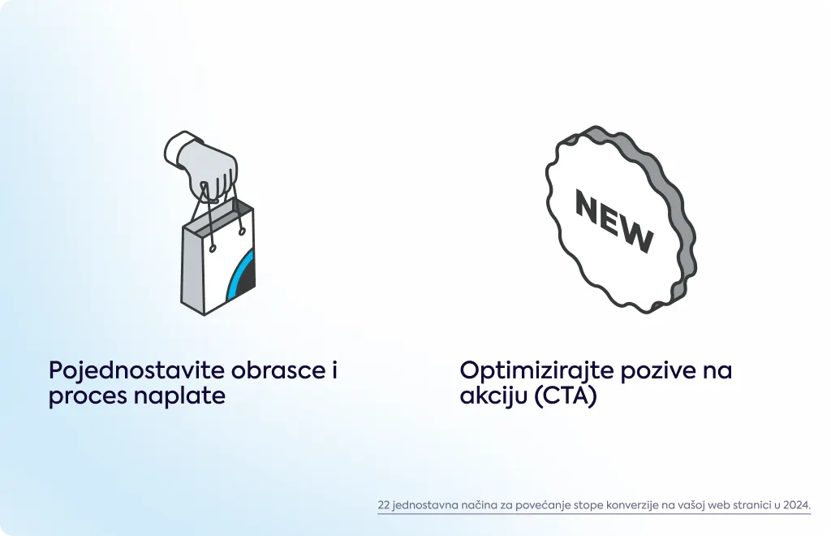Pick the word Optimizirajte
[x=536, y=370]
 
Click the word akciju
[x=493, y=396]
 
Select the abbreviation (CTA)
[x=566, y=396]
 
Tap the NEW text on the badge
[x=614, y=221]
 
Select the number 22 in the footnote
[x=384, y=504]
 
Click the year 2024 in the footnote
[x=797, y=504]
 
